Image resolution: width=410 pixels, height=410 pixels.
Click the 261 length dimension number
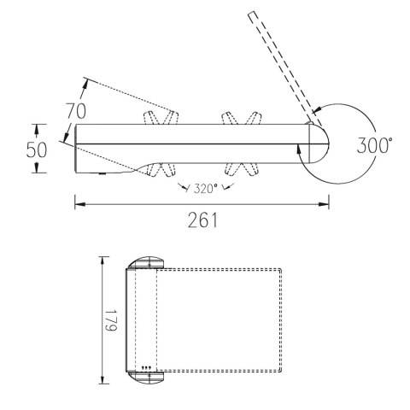click(202, 220)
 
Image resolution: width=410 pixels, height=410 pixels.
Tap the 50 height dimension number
click(37, 149)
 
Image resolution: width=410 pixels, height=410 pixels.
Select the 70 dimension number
click(76, 111)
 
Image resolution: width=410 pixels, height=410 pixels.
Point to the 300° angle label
click(375, 145)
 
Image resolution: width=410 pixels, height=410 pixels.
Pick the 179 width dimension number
click(111, 320)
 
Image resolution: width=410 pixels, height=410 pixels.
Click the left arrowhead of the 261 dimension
click(79, 204)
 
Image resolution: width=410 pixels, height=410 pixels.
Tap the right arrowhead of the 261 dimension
click(324, 204)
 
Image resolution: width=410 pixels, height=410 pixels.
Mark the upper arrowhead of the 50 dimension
click(36, 130)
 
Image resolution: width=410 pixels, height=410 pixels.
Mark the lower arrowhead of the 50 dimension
click(36, 167)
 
